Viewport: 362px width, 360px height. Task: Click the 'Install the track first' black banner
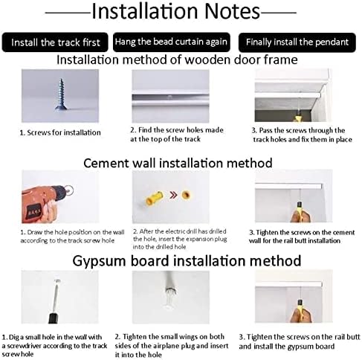tap(55, 42)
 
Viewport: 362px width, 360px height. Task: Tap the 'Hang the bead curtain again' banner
tap(172, 42)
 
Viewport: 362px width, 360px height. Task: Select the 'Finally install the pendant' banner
tap(297, 42)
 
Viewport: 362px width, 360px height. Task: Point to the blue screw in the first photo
tap(60, 94)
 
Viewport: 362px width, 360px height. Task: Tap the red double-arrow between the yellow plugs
tap(173, 195)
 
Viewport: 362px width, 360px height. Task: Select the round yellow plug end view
tap(186, 195)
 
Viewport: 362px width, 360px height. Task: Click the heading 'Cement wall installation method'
tap(178, 163)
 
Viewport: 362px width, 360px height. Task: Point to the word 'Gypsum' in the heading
tap(99, 261)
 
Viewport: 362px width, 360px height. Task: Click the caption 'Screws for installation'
tap(60, 132)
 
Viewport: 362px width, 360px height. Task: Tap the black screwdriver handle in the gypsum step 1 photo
tap(53, 318)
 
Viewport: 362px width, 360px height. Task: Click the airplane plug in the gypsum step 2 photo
tap(170, 295)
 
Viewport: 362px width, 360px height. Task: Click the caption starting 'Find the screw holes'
tap(177, 135)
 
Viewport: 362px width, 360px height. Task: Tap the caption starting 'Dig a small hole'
tap(54, 345)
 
